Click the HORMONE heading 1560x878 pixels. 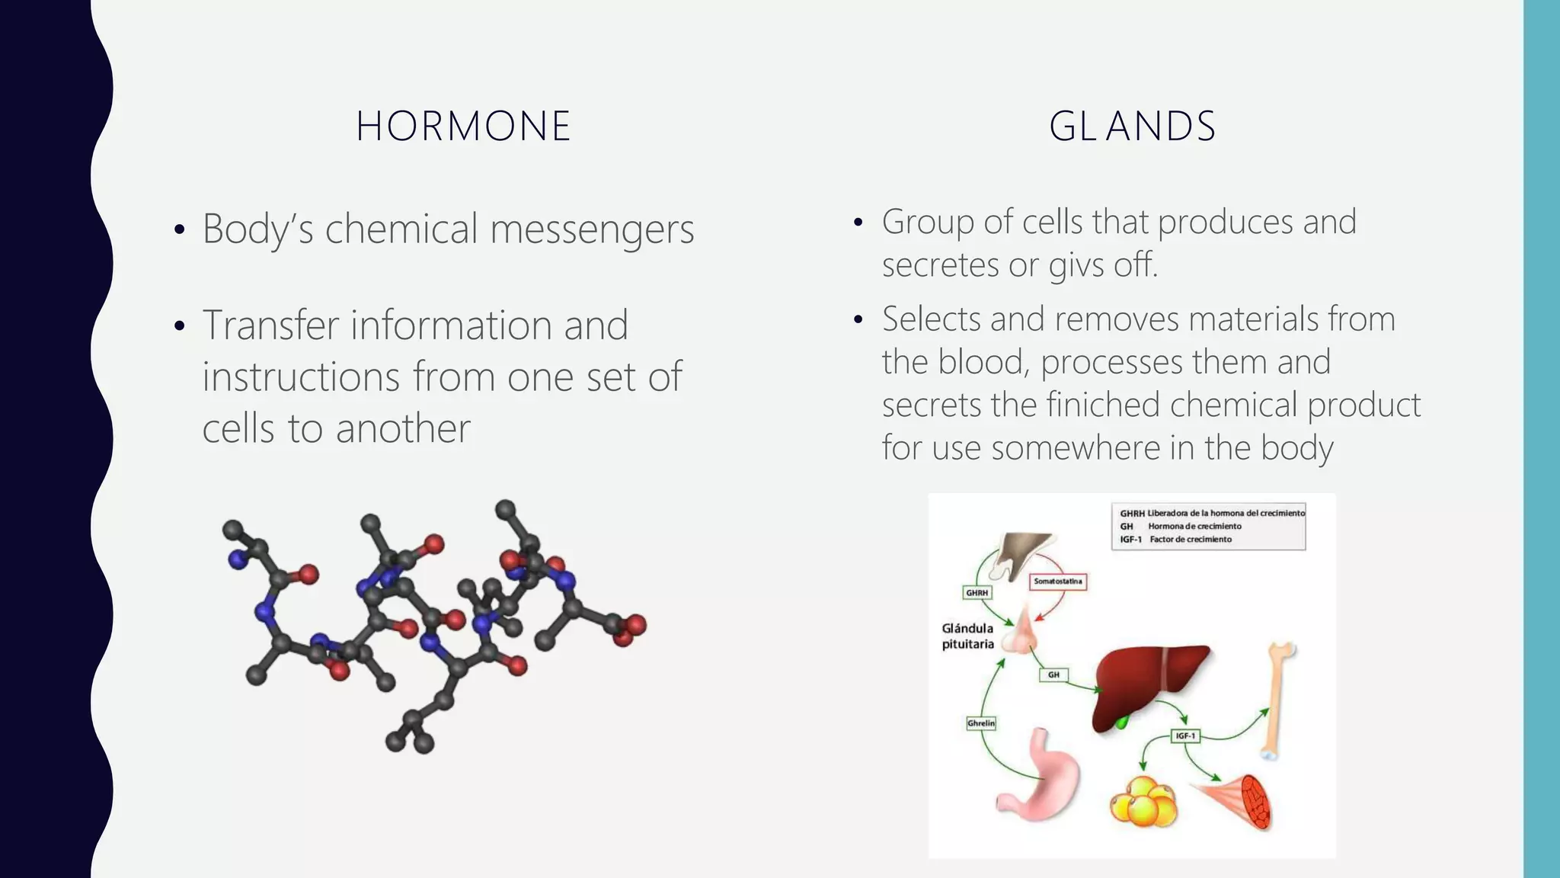pos(463,127)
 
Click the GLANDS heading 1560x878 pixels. pos(1132,127)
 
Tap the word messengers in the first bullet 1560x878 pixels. pos(592,229)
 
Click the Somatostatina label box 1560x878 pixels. pos(1057,582)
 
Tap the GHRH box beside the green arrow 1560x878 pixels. pos(977,593)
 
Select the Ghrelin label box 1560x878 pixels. pos(981,723)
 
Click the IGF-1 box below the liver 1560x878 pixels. pos(1185,736)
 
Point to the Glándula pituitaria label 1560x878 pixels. pos(968,636)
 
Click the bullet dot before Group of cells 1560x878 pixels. pos(858,223)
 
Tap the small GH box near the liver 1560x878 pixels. pos(1053,675)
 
